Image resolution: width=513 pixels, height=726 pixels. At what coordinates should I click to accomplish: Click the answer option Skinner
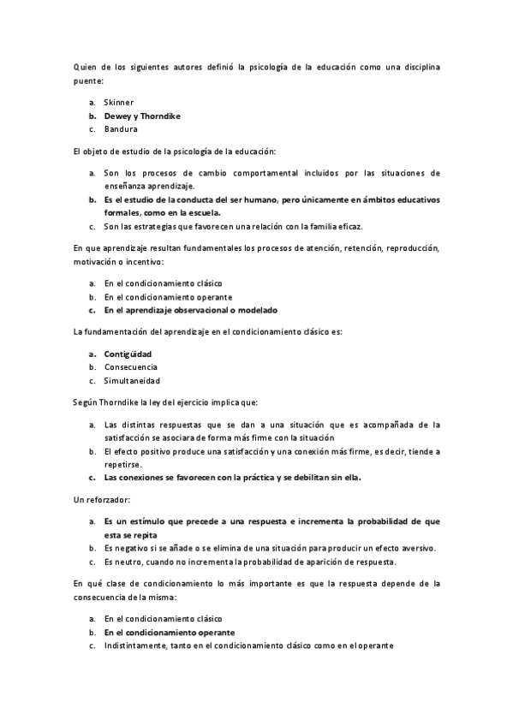click(119, 102)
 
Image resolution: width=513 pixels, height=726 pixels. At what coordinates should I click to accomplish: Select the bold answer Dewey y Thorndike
click(142, 116)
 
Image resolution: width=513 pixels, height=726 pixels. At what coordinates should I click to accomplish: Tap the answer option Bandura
click(121, 129)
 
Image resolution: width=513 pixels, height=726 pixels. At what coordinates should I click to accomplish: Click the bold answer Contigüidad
click(128, 354)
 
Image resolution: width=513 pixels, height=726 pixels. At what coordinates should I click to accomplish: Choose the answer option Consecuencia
click(130, 367)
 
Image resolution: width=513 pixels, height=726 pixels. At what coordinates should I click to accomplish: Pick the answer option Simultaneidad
click(132, 381)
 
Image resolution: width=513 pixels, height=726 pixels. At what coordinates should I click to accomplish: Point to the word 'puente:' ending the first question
click(88, 80)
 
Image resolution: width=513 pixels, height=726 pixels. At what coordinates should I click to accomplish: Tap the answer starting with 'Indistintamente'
click(248, 646)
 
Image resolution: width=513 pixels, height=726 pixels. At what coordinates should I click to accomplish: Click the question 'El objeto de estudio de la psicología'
click(174, 151)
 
